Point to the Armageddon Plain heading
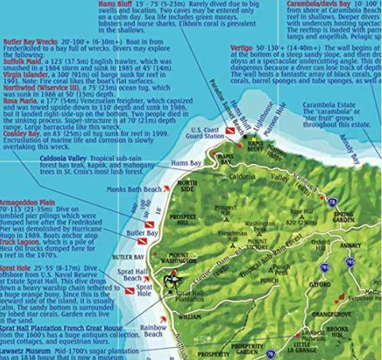pos(28,201)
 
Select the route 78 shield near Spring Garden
pos(331,202)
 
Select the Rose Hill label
pos(300,211)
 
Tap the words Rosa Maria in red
pos(19,101)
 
